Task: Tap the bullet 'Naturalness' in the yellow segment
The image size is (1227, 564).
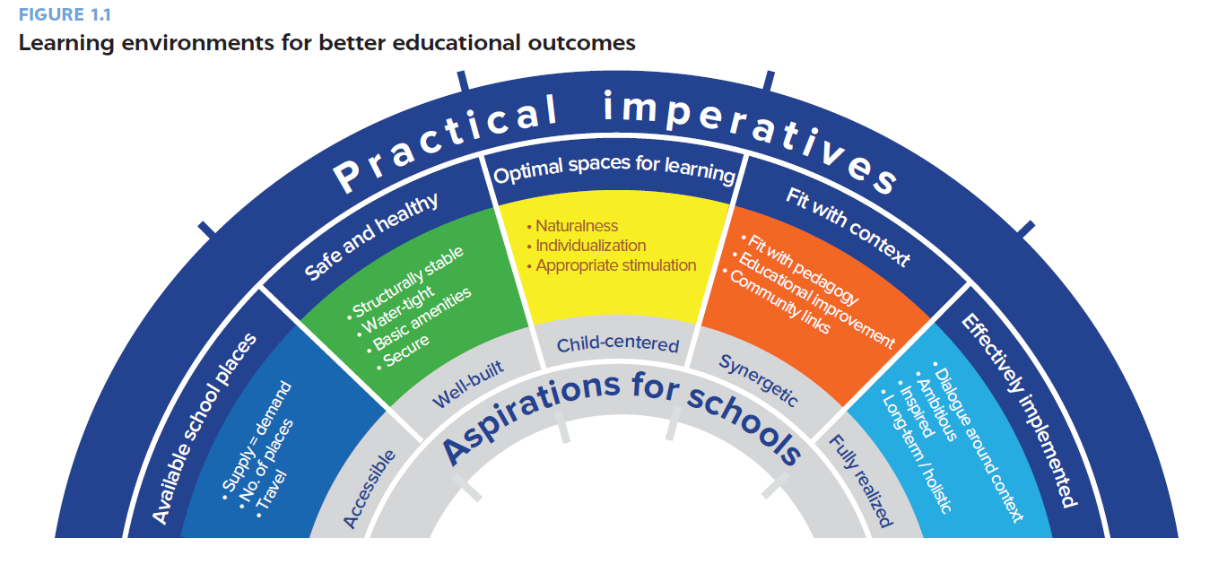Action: pyautogui.click(x=577, y=226)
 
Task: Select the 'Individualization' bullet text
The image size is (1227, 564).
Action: pyautogui.click(x=590, y=246)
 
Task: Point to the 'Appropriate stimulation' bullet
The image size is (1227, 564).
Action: pyautogui.click(x=615, y=265)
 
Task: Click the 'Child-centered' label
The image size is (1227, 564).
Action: pyautogui.click(x=617, y=345)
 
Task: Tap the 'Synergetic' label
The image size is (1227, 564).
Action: pyautogui.click(x=758, y=380)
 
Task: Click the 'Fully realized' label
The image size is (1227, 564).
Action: pyautogui.click(x=859, y=482)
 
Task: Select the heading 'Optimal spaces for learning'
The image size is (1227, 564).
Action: pyautogui.click(x=614, y=169)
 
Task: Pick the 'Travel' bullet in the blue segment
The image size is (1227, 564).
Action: pyautogui.click(x=277, y=490)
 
